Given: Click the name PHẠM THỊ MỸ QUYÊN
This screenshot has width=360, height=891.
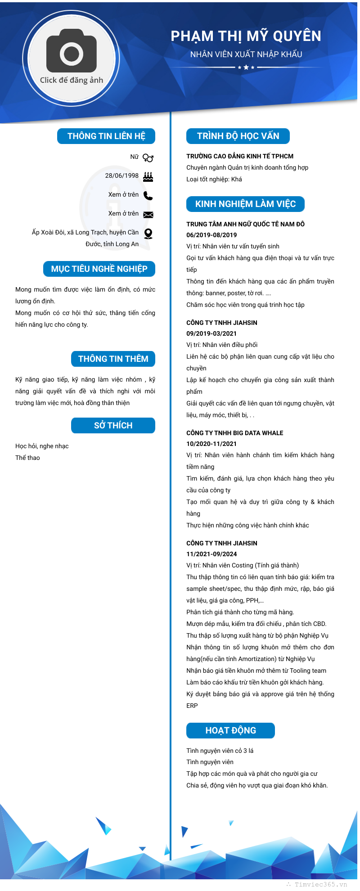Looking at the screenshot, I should (x=246, y=36).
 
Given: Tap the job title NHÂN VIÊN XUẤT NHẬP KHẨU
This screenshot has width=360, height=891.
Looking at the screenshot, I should (x=246, y=54).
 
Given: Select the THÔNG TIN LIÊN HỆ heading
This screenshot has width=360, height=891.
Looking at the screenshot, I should (x=106, y=136).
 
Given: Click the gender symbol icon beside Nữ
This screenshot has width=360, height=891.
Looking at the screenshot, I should (x=148, y=157).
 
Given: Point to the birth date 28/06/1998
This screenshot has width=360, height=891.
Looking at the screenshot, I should (x=122, y=175).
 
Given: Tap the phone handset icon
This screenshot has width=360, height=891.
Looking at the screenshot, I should (x=148, y=195).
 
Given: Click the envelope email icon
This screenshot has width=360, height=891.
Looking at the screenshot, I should (x=148, y=215).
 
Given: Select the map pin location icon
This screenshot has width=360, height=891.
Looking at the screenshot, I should (x=148, y=233).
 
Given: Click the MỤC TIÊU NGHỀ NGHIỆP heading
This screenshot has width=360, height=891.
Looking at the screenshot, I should (x=99, y=269).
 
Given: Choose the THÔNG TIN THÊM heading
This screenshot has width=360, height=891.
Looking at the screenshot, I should (x=113, y=359).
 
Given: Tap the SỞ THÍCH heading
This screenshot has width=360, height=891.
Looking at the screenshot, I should (x=113, y=425).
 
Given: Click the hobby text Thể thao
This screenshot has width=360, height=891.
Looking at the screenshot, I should (x=27, y=458).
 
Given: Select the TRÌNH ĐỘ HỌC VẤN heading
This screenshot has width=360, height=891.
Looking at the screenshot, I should (x=238, y=136).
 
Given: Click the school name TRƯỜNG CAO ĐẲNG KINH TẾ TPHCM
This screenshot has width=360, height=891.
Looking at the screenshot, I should (x=240, y=156).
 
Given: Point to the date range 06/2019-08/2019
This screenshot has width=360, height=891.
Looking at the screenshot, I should (x=211, y=235).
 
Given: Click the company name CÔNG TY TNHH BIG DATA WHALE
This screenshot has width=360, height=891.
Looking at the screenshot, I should (x=235, y=433).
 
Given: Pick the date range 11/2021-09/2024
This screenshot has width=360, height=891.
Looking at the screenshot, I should (x=211, y=554).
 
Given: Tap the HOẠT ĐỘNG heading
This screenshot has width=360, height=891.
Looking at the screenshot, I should (x=230, y=730).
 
